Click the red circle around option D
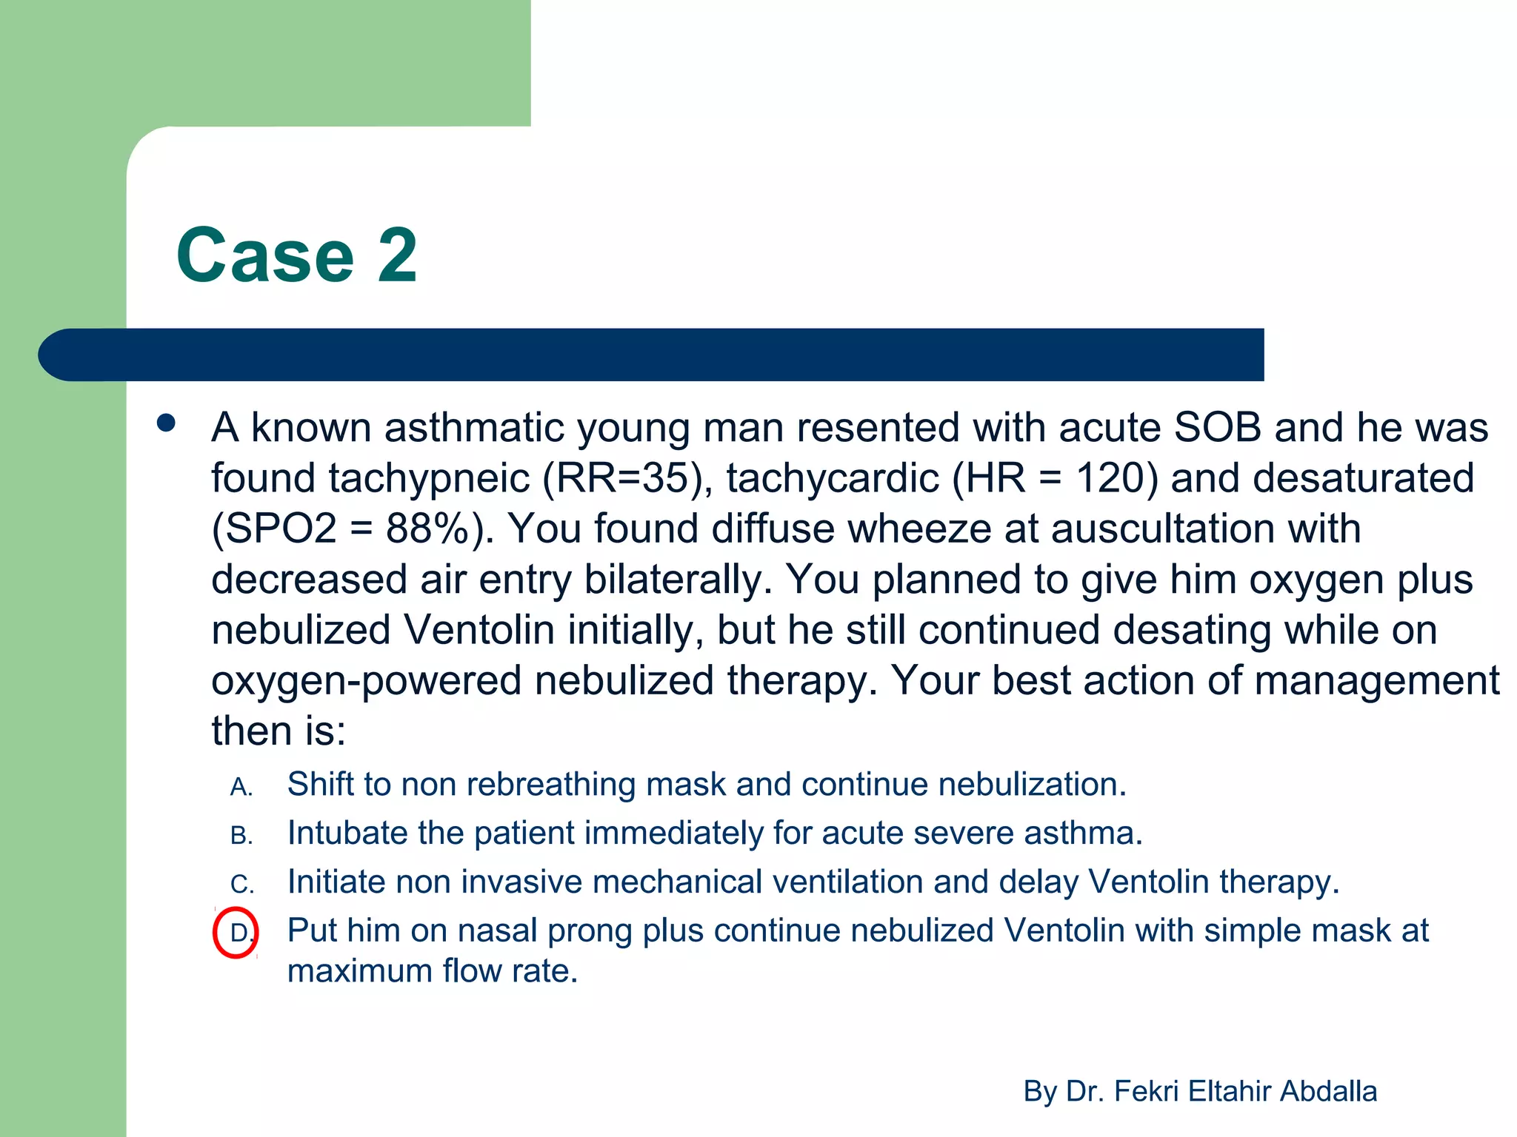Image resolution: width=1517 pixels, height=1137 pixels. point(236,932)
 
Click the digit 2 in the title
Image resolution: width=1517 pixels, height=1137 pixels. point(398,255)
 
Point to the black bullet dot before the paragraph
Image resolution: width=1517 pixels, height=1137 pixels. point(167,424)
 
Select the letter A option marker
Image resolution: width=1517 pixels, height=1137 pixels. point(241,788)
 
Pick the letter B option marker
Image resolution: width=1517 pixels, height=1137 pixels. point(241,836)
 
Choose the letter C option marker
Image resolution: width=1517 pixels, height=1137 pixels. point(241,885)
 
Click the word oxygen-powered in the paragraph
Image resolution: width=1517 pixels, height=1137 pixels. point(366,681)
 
